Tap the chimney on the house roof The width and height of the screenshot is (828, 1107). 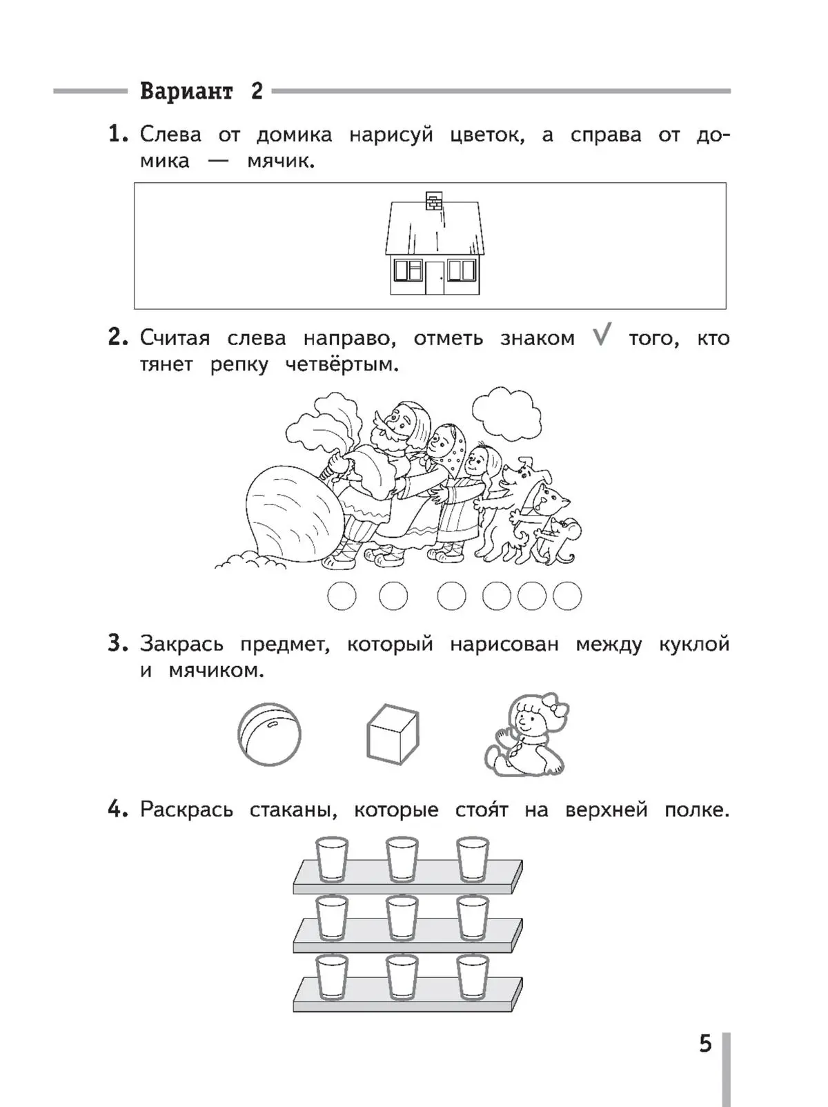433,200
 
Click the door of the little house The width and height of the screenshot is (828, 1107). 435,277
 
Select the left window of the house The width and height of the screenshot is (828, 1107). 408,270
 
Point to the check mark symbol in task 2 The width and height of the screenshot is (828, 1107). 602,336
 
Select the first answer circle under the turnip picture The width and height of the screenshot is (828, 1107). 342,596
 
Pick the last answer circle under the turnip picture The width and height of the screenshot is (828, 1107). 567,596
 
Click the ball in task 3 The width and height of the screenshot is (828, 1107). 269,734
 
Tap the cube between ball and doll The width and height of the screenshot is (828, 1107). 392,734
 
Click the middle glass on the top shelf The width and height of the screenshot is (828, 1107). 402,859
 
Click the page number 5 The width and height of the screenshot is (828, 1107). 704,1044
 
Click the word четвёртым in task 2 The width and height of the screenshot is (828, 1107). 342,364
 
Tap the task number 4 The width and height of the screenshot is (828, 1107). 117,809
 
